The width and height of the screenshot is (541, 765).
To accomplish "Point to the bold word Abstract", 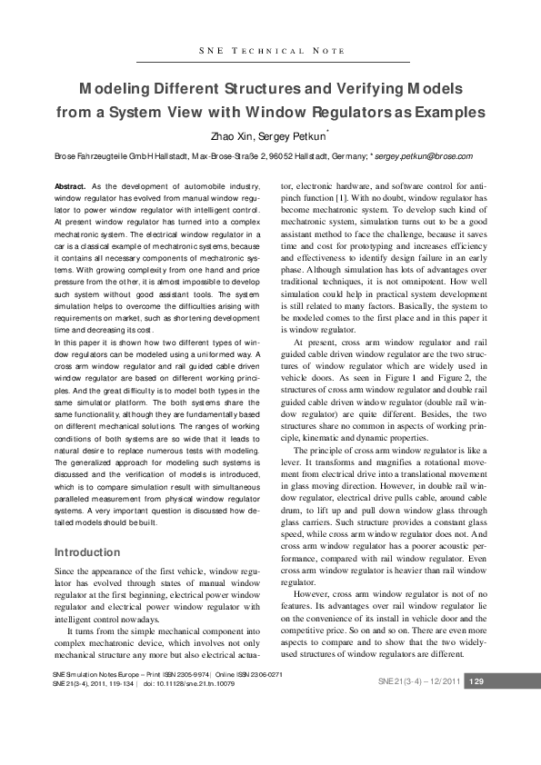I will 71,185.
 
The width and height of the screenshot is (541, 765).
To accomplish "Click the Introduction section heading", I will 88,551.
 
